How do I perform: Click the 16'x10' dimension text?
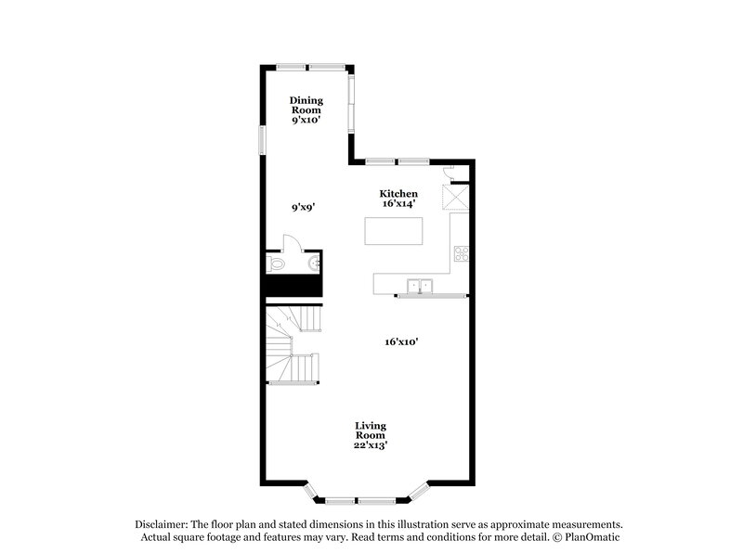[x=401, y=341]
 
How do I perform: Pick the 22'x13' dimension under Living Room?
[x=370, y=445]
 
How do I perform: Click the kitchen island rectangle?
[x=394, y=231]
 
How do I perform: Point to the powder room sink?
[x=315, y=264]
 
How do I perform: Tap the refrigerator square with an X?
[x=455, y=199]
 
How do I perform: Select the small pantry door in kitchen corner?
[x=449, y=171]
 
